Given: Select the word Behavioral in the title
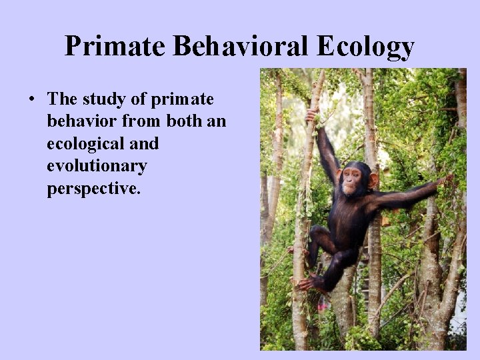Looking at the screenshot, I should pos(240,47).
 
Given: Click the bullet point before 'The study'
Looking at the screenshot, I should pos(32,101).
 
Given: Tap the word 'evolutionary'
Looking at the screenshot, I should pos(97,166).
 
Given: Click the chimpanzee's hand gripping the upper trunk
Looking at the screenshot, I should pos(311,116).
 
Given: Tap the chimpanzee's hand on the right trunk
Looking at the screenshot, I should pos(446,179).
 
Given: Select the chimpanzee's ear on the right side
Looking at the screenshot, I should pos(373,179).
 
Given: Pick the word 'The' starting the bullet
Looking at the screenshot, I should pos(63,100).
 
